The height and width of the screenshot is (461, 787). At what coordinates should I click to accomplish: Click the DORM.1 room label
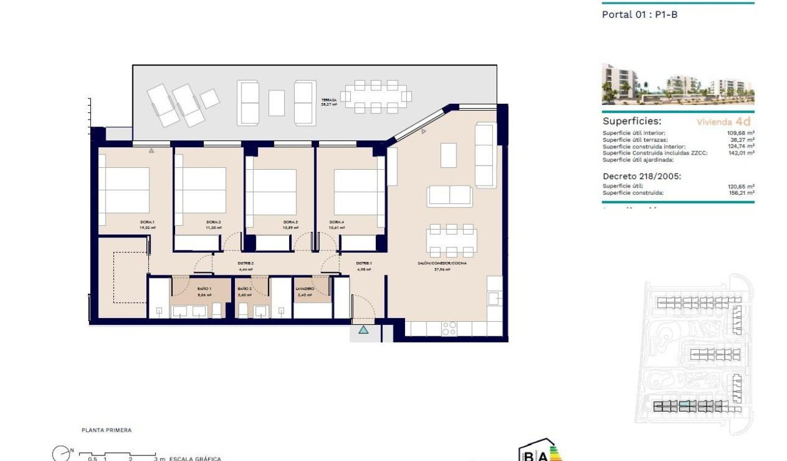[147, 222]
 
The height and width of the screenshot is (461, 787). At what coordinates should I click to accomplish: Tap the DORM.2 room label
[213, 222]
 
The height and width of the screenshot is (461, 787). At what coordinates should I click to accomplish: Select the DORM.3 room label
[290, 222]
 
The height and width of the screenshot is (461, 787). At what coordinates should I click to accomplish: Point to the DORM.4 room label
[337, 222]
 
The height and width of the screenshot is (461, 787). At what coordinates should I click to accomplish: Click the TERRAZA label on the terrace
[329, 100]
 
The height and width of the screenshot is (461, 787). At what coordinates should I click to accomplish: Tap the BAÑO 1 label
[204, 288]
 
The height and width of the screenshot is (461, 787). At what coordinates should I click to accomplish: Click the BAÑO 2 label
[244, 288]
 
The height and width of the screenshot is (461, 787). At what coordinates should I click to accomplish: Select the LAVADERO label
[304, 288]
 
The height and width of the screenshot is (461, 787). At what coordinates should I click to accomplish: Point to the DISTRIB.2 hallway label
[245, 263]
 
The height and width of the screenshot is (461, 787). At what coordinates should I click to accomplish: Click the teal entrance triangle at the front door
[364, 330]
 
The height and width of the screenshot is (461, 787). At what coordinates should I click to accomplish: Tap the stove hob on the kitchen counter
[449, 329]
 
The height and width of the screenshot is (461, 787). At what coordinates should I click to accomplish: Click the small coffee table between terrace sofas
[276, 103]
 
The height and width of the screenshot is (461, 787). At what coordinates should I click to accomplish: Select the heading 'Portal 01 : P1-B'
[639, 15]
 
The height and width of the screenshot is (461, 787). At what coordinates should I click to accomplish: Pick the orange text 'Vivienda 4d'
[724, 122]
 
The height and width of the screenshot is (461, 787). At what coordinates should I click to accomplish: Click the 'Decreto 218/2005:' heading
[641, 176]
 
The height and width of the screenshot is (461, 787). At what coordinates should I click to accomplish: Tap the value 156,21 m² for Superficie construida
[742, 193]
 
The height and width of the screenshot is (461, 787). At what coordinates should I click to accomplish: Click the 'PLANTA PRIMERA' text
[106, 430]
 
